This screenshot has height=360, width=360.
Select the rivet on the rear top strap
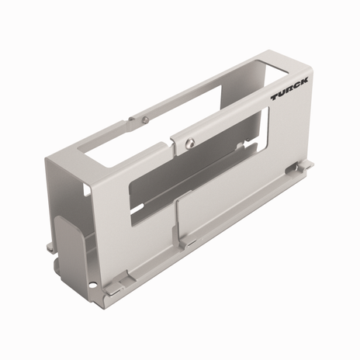[x=146, y=118]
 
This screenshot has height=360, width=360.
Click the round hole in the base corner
[x=95, y=286]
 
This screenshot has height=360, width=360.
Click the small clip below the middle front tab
[x=185, y=246]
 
